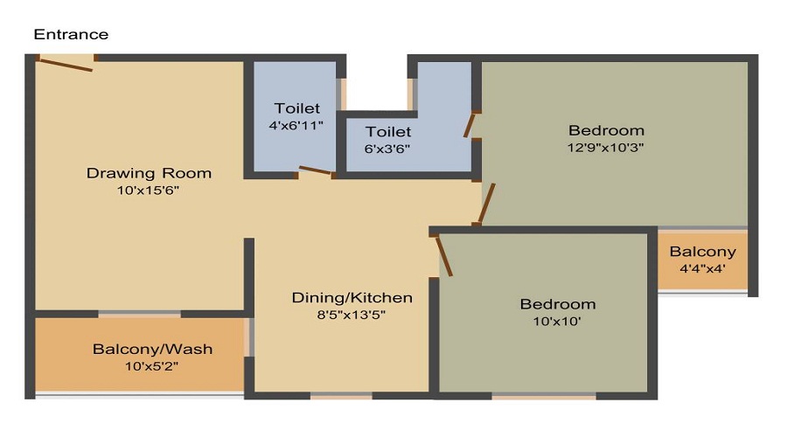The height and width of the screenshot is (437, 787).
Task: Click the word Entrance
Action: (71, 35)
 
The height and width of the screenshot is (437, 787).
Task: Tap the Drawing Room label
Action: (149, 172)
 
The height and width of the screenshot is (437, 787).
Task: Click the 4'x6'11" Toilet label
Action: (297, 108)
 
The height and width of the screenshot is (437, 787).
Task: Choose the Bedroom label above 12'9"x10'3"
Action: (606, 130)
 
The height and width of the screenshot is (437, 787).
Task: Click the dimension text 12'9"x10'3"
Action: (606, 147)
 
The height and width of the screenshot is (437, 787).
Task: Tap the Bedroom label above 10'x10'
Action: (557, 304)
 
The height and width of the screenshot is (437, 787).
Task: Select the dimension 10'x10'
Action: (557, 321)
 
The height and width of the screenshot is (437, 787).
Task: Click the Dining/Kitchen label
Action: (352, 298)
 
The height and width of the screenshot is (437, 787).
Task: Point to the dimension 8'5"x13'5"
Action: (352, 315)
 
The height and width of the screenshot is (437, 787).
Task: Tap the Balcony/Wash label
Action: (152, 350)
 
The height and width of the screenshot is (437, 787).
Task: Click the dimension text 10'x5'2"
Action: (152, 366)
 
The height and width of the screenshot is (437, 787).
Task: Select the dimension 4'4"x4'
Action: (702, 268)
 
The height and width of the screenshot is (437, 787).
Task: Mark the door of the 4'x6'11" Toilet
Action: (315, 170)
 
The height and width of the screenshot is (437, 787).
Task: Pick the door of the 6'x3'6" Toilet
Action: (470, 125)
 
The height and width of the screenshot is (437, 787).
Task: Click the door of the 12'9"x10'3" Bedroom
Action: (487, 203)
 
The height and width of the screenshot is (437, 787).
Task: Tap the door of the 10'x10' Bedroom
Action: (443, 255)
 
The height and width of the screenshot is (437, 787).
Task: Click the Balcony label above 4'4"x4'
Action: (702, 252)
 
